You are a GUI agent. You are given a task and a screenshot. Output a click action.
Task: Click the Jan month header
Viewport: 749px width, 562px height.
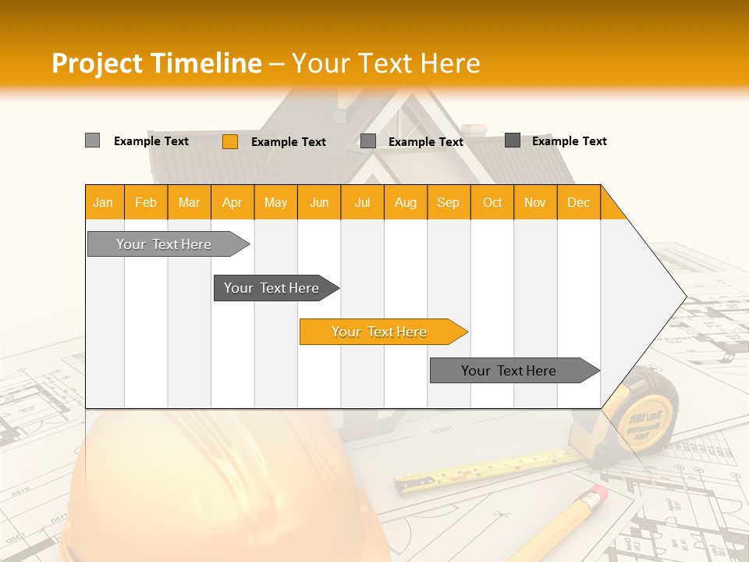104,202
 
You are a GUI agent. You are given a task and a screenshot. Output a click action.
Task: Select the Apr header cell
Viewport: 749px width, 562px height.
233,202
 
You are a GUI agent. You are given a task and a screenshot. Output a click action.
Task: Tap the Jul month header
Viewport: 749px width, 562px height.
362,202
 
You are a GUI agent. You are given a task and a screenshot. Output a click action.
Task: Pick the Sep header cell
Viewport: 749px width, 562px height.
448,202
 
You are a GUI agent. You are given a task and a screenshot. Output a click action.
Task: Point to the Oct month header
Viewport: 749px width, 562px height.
492,202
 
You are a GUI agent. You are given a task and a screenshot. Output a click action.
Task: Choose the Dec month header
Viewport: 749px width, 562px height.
578,202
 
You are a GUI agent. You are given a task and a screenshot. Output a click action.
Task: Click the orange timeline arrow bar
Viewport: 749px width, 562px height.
382,332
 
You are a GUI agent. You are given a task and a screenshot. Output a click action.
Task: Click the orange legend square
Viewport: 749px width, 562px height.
230,141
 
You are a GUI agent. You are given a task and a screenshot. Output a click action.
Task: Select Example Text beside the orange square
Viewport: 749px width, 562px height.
288,142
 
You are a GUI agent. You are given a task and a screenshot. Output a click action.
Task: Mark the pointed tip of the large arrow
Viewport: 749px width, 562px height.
684,297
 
